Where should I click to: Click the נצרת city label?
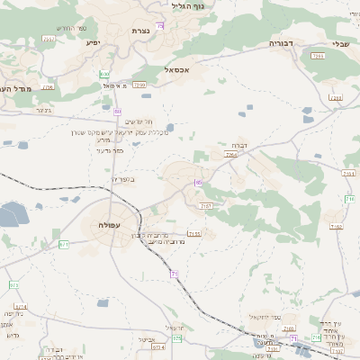[140, 31]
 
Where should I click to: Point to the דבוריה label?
[282, 42]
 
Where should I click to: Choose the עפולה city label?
[106, 224]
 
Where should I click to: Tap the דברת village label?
[238, 144]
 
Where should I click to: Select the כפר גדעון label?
[110, 150]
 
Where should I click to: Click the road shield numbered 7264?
[231, 155]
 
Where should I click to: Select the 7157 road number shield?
[206, 206]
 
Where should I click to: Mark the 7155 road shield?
[194, 234]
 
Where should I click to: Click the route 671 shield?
[64, 244]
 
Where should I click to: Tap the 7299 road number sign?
[139, 85]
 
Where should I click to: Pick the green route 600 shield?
[104, 75]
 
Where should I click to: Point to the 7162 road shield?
[336, 227]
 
